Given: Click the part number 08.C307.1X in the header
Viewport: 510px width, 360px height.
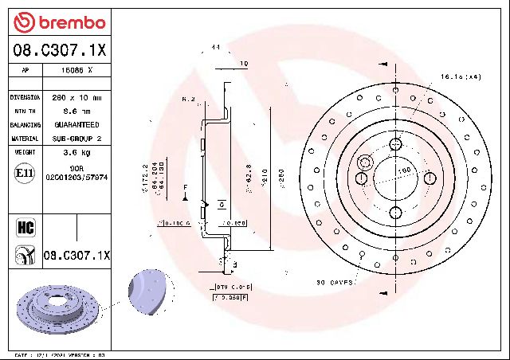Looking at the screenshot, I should [x=60, y=51].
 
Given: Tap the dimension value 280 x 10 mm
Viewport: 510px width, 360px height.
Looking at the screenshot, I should [x=76, y=97].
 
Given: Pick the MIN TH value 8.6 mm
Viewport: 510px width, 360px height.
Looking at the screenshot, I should [x=76, y=112].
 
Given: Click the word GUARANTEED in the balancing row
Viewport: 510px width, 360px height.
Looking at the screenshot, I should [x=76, y=125].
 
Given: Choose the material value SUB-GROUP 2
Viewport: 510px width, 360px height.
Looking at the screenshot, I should [x=76, y=139].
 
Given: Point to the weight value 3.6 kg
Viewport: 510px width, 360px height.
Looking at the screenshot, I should [x=76, y=151].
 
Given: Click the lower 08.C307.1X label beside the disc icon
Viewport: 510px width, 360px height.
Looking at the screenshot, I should [x=77, y=255].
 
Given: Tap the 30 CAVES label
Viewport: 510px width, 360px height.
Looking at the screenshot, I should [x=335, y=282].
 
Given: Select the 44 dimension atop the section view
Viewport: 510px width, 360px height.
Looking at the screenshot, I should [x=215, y=48].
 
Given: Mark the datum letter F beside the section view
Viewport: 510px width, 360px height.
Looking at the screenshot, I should [x=185, y=186].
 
